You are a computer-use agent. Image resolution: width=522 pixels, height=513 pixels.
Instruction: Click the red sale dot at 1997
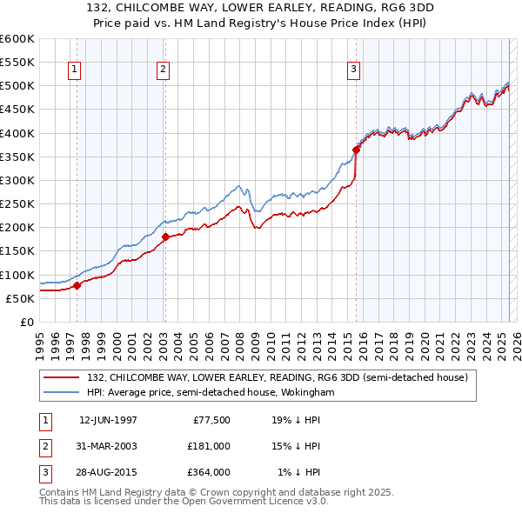click(77, 285)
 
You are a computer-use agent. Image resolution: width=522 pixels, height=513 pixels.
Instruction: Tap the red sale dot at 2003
click(165, 237)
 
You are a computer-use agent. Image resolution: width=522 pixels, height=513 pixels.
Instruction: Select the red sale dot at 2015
click(356, 150)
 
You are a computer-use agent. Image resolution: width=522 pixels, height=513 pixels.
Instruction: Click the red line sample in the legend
click(63, 378)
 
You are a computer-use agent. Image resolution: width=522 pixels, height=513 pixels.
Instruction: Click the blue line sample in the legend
click(63, 393)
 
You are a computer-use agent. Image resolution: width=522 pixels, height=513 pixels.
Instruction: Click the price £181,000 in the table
click(209, 446)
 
